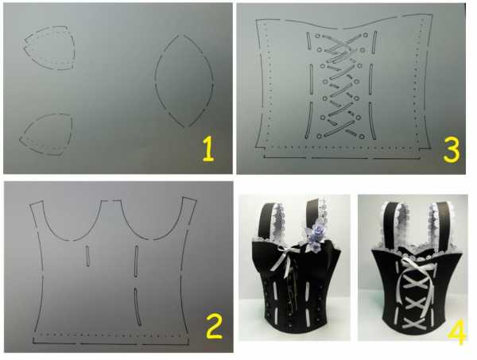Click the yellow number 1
[x=208, y=149]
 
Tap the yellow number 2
[x=214, y=327]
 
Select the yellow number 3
[x=451, y=150]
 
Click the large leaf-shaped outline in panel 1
[x=156, y=79]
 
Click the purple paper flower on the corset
[x=314, y=238]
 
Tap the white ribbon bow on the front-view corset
[x=286, y=257]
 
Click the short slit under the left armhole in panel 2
[x=87, y=256]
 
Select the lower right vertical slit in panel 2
[x=138, y=306]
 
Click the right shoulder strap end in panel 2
[x=189, y=199]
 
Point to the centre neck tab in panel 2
[x=111, y=201]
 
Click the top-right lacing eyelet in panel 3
[x=366, y=35]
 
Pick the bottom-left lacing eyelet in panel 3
[x=319, y=136]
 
